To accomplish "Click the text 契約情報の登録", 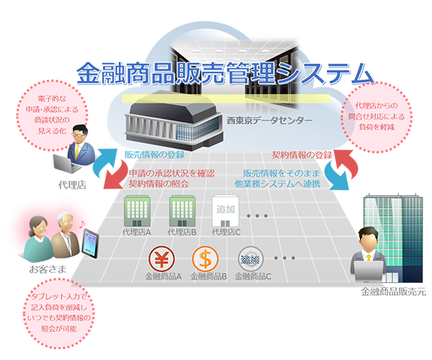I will pyautogui.click(x=302, y=155).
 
